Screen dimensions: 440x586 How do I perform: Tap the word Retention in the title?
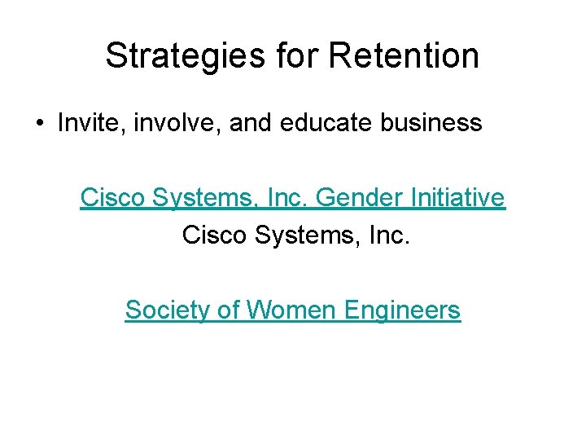pos(404,56)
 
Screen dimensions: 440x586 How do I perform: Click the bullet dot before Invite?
pos(39,124)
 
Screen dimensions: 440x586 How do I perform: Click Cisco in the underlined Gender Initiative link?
pos(108,197)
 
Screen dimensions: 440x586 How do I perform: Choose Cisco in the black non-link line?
pos(211,235)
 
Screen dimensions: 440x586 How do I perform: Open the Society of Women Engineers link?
pos(293,310)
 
